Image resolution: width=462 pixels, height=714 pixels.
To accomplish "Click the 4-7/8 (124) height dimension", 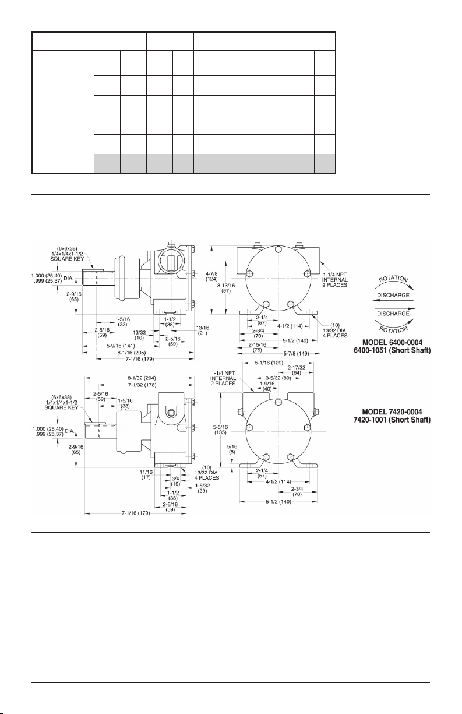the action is pyautogui.click(x=211, y=276).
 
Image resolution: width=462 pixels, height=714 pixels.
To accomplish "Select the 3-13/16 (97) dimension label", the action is pyautogui.click(x=226, y=288).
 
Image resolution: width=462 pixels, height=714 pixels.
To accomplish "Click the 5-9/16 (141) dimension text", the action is pyautogui.click(x=121, y=346).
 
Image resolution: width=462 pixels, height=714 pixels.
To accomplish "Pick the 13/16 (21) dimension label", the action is pyautogui.click(x=203, y=330).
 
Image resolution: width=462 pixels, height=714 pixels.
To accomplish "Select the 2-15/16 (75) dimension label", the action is pyautogui.click(x=257, y=347).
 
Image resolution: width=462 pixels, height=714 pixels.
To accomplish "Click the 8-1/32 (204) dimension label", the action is pyautogui.click(x=142, y=378).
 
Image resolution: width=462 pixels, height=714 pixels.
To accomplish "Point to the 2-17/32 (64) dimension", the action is pyautogui.click(x=297, y=370).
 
